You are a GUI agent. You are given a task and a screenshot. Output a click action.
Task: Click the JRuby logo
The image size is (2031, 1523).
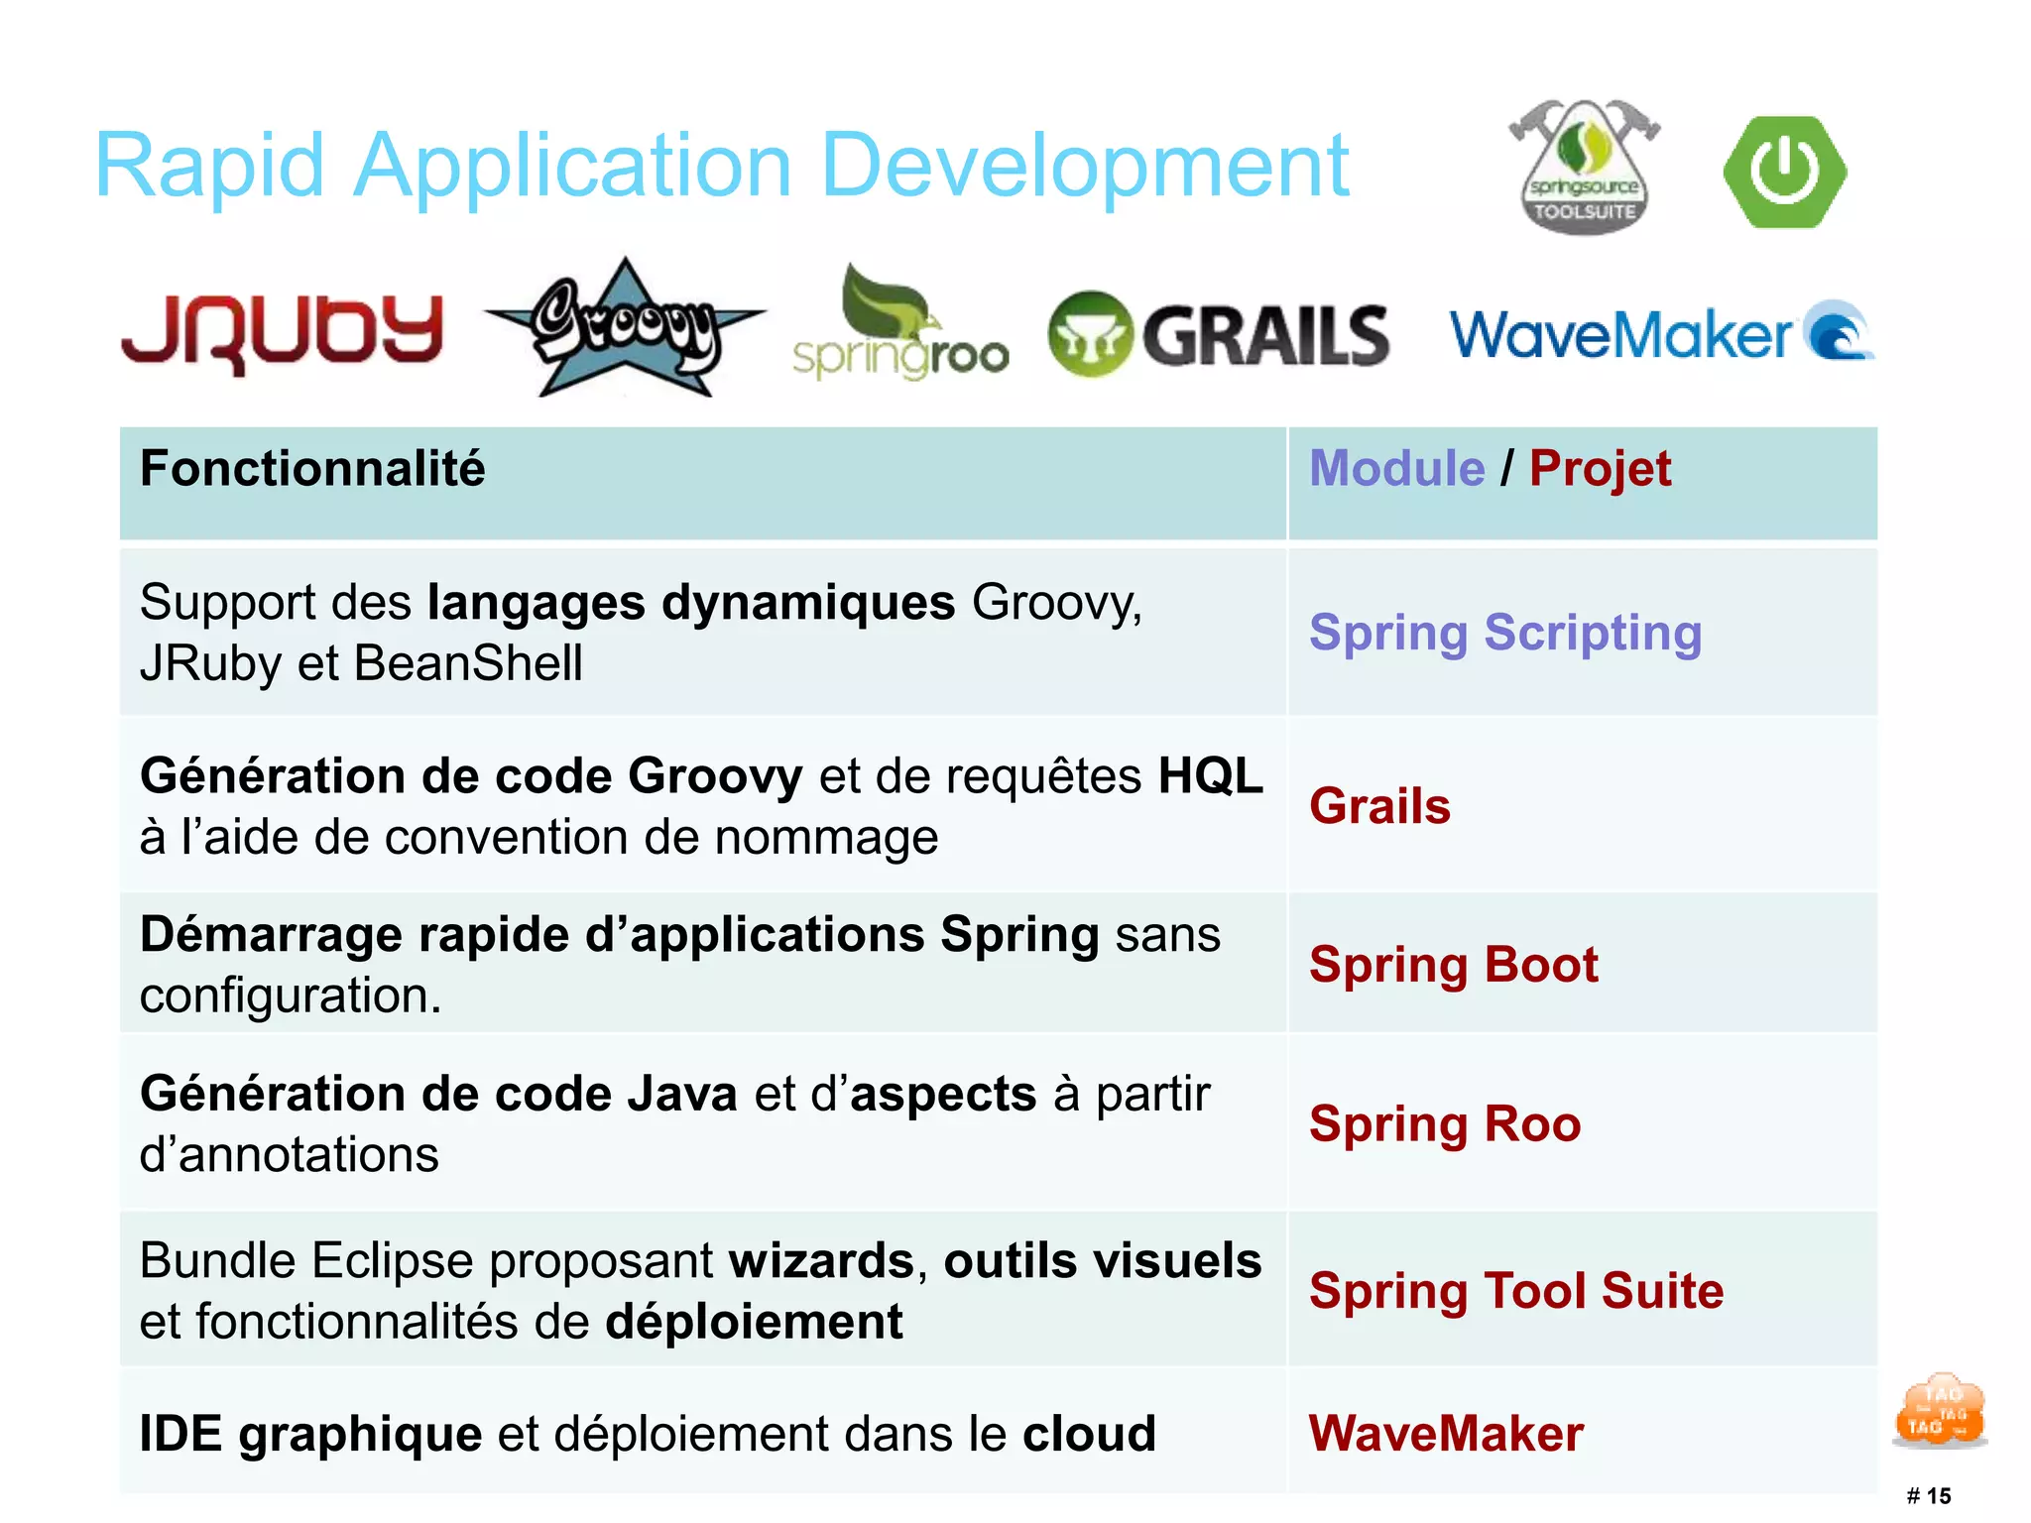pyautogui.click(x=282, y=332)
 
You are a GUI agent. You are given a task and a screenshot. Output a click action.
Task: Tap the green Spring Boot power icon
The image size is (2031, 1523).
pyautogui.click(x=1784, y=172)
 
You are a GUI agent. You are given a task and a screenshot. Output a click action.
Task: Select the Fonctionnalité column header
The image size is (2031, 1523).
pyautogui.click(x=312, y=469)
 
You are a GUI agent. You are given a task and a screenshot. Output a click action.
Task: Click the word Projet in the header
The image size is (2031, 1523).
pyautogui.click(x=1599, y=469)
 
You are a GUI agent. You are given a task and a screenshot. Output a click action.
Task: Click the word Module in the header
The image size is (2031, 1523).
pyautogui.click(x=1396, y=469)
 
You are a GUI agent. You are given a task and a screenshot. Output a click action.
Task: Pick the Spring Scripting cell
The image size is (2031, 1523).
pyautogui.click(x=1504, y=633)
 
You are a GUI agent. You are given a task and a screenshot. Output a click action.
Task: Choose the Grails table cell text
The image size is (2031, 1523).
pyautogui.click(x=1379, y=805)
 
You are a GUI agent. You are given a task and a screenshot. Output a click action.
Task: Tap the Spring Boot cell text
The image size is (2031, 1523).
pyautogui.click(x=1453, y=965)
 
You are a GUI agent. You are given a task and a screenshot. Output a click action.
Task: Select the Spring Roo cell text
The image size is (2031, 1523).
pyautogui.click(x=1444, y=1124)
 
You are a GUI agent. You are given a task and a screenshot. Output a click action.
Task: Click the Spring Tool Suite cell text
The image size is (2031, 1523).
pyautogui.click(x=1515, y=1291)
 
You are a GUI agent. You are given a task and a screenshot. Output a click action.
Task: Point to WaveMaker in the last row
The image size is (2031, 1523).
pyautogui.click(x=1445, y=1434)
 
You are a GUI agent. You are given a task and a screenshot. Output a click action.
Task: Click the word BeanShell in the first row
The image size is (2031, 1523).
pyautogui.click(x=467, y=663)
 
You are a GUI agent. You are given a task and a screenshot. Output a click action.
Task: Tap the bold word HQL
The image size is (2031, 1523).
pyautogui.click(x=1210, y=776)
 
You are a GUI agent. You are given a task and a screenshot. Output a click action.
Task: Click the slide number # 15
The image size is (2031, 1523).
pyautogui.click(x=1928, y=1495)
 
